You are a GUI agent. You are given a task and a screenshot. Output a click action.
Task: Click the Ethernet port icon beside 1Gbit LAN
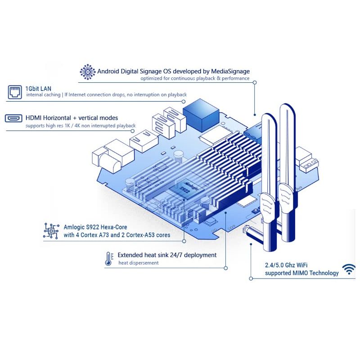15,92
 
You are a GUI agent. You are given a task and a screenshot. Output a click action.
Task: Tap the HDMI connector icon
13,118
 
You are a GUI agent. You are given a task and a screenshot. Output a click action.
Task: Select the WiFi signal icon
349,269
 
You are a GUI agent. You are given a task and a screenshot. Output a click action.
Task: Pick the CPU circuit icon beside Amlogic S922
51,230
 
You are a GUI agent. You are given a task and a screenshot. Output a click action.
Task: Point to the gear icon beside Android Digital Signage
87,72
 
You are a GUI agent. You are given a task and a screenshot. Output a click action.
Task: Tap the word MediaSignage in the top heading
230,71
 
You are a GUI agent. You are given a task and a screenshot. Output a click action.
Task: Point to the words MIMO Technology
315,273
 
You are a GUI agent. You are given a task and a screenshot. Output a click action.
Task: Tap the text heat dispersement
139,263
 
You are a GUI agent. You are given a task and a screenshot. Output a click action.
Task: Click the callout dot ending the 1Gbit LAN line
184,101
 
